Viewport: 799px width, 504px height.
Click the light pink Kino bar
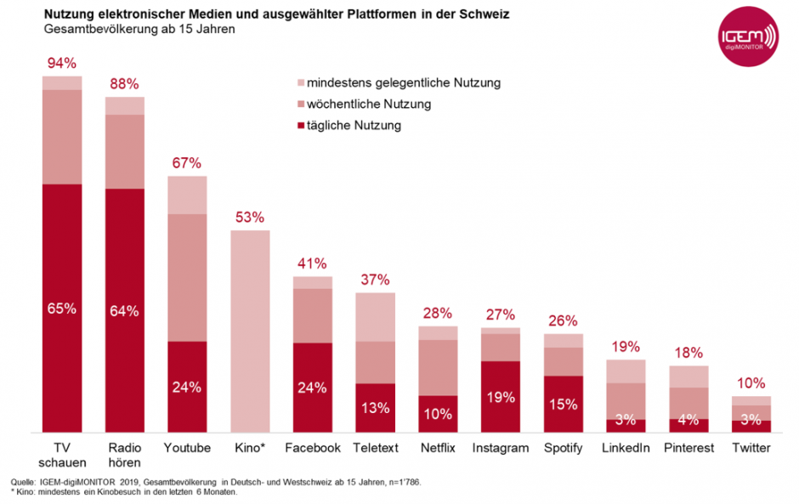coord(250,331)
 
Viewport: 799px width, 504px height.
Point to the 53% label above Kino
coord(250,217)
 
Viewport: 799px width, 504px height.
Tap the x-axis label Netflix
coord(439,448)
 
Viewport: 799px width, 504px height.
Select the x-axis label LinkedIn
coord(626,448)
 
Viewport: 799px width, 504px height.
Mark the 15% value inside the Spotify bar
coord(563,404)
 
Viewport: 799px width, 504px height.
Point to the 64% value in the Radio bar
coord(124,310)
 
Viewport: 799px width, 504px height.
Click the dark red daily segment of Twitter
coord(751,427)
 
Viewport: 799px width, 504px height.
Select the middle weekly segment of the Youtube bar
coord(187,277)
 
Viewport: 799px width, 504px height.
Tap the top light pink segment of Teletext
coord(375,317)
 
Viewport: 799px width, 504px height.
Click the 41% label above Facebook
coord(312,263)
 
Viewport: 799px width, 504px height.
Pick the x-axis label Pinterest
coord(688,448)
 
